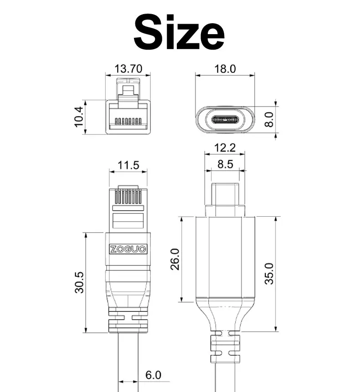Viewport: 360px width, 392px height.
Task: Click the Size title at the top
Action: click(179, 32)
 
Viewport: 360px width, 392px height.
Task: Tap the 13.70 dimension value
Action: click(129, 69)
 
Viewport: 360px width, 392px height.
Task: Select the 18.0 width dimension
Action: click(225, 69)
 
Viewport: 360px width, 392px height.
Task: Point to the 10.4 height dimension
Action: click(79, 117)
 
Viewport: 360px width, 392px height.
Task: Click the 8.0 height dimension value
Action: click(269, 119)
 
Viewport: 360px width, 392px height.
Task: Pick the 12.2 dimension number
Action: click(225, 148)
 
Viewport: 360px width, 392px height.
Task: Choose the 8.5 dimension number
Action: click(225, 164)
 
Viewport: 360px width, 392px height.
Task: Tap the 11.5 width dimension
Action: click(129, 165)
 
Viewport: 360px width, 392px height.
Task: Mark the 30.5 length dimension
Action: click(80, 282)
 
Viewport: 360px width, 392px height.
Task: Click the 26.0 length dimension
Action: click(175, 259)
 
